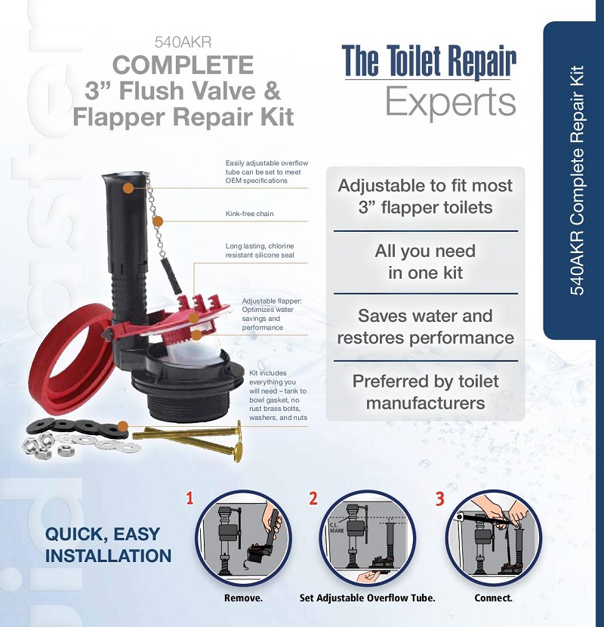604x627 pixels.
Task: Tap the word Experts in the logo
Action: pyautogui.click(x=450, y=103)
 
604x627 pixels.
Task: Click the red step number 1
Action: pyautogui.click(x=190, y=498)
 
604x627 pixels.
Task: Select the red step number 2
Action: pyautogui.click(x=313, y=498)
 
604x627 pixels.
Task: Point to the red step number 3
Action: pyautogui.click(x=439, y=498)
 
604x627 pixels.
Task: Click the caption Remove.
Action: pyautogui.click(x=243, y=598)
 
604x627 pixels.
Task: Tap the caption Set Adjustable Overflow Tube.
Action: pyautogui.click(x=368, y=598)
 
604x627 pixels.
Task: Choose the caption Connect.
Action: pyautogui.click(x=493, y=598)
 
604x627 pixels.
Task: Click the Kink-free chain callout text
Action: pyautogui.click(x=250, y=214)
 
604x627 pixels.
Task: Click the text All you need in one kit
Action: pyautogui.click(x=426, y=262)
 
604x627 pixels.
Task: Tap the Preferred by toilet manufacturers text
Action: pyautogui.click(x=426, y=391)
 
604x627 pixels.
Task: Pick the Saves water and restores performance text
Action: pyautogui.click(x=426, y=326)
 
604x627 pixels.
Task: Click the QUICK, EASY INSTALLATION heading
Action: pyautogui.click(x=108, y=545)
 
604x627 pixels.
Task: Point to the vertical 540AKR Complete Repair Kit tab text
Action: pyautogui.click(x=576, y=181)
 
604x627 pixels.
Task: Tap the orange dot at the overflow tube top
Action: pyautogui.click(x=129, y=187)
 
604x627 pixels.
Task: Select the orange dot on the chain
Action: pyautogui.click(x=158, y=221)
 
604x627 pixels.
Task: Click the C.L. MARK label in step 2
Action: pyautogui.click(x=337, y=526)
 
